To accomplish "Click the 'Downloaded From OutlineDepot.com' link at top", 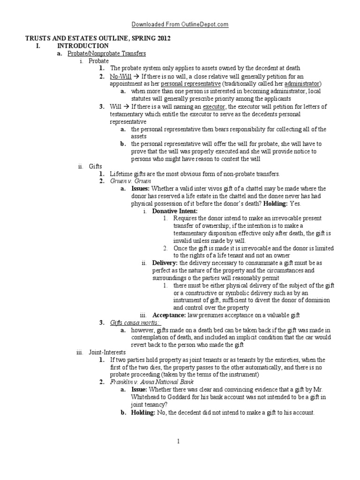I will click(180, 24).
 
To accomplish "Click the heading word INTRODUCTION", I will click(82, 46).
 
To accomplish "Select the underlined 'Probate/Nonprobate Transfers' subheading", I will click(107, 53).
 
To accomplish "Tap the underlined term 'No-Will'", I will click(120, 76).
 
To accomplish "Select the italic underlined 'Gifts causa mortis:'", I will click(135, 323).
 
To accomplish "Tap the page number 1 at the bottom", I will click(180, 441).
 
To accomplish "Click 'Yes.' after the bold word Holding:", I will click(293, 203).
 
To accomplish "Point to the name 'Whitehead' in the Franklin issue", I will click(148, 397).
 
